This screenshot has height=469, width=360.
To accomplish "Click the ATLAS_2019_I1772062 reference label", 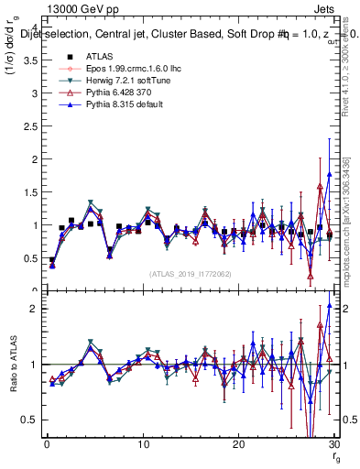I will [190, 274].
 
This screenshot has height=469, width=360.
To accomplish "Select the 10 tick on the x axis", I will [142, 444].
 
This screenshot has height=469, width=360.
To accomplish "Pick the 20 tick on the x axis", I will [238, 444].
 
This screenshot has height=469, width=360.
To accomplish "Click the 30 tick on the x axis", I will [333, 444].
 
